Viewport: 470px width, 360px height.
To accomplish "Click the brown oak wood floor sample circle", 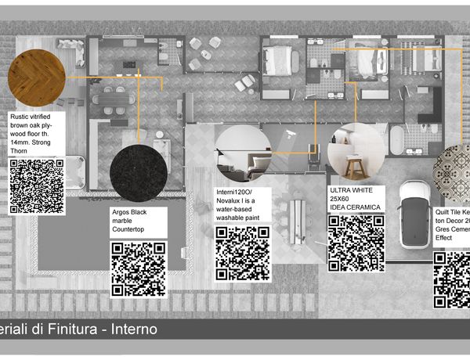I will point(36,77).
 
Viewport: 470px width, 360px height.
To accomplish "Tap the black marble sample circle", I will point(139,173).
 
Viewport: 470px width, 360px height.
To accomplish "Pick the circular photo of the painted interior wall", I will point(243,153).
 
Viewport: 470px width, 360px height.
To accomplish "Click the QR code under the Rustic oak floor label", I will point(36,186).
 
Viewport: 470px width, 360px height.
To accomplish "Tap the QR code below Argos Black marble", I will point(138,268).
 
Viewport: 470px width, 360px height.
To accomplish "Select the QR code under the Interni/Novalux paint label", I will point(243,254).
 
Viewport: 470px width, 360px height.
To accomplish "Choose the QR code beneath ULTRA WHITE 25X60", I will point(356,243).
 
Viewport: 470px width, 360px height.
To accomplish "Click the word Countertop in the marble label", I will point(133,230).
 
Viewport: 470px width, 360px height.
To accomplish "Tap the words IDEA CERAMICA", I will point(355,207).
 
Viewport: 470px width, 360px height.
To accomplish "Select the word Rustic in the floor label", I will point(22,117).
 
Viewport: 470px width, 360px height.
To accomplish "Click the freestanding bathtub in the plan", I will point(398,139).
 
